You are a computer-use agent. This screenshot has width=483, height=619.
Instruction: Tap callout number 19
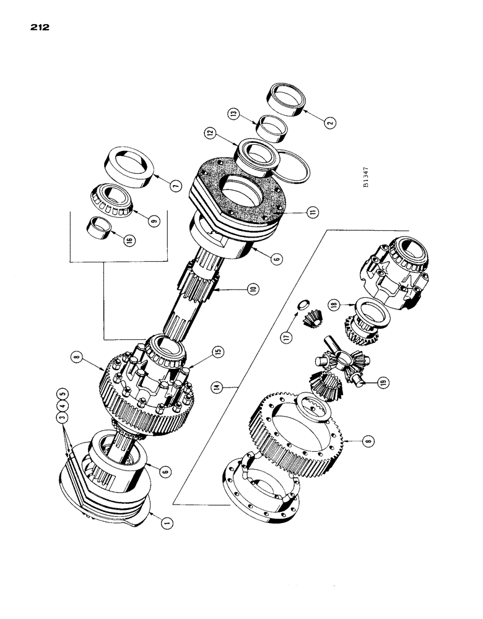[x=383, y=384]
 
